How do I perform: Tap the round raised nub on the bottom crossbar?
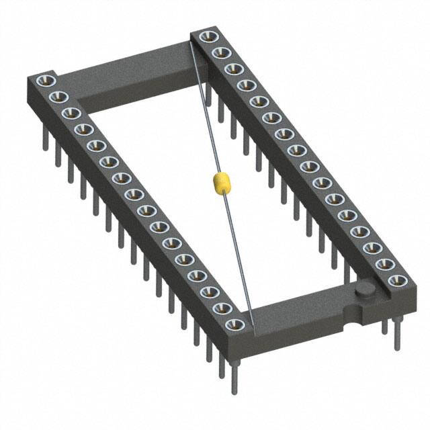[x=365, y=290]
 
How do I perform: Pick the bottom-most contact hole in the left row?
[x=234, y=325]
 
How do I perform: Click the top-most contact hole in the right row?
[x=204, y=38]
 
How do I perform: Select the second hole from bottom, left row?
[x=222, y=308]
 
